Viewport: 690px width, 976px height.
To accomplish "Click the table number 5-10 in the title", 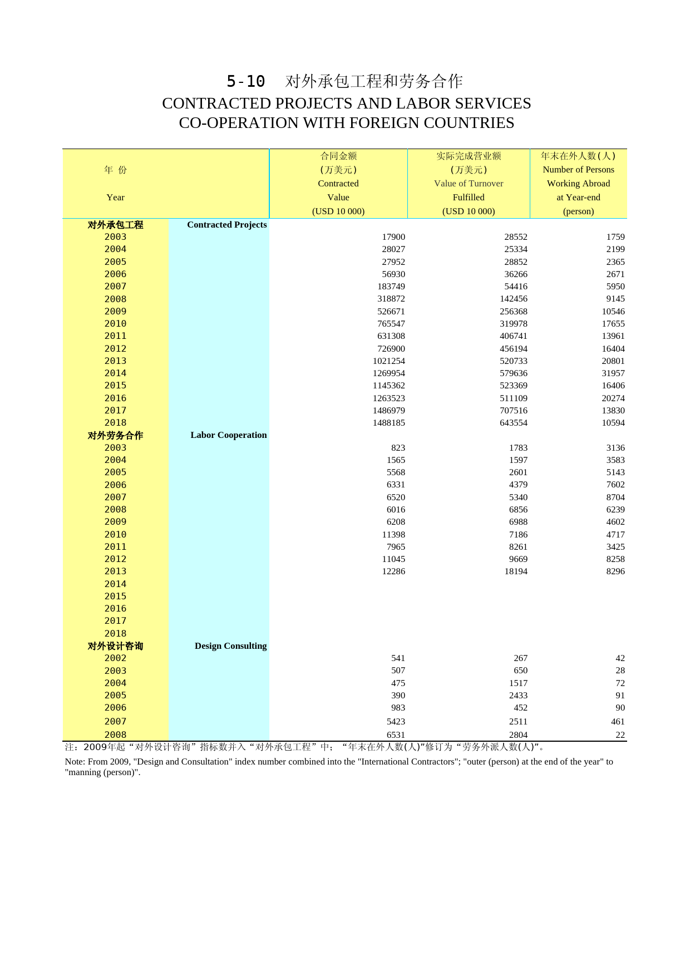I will coord(245,81).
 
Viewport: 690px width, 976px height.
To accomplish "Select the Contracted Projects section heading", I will coord(226,225).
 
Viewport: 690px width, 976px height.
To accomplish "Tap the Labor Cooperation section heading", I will coord(228,435).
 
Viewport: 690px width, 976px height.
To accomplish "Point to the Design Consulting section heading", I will coord(230,646).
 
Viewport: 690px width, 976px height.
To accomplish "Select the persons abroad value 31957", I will coord(613,373).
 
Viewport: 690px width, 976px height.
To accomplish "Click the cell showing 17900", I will coord(393,237).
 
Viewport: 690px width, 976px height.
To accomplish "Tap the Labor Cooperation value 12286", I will coord(393,571).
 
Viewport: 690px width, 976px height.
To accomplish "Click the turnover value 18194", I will coord(515,571).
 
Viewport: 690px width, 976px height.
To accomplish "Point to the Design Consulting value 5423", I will coord(396,722).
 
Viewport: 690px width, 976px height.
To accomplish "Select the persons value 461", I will coord(618,722).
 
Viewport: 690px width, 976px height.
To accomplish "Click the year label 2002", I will coord(115,658).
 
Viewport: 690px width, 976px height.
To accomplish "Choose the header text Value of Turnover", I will coord(469,184).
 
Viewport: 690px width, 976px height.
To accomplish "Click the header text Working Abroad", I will coord(578,184).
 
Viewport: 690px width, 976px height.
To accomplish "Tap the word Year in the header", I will coord(115,198).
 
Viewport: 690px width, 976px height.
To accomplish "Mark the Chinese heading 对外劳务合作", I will coord(115,436).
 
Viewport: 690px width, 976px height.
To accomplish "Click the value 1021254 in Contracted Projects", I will coord(388,361).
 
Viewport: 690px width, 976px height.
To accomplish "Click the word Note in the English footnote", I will coord(74,762).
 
